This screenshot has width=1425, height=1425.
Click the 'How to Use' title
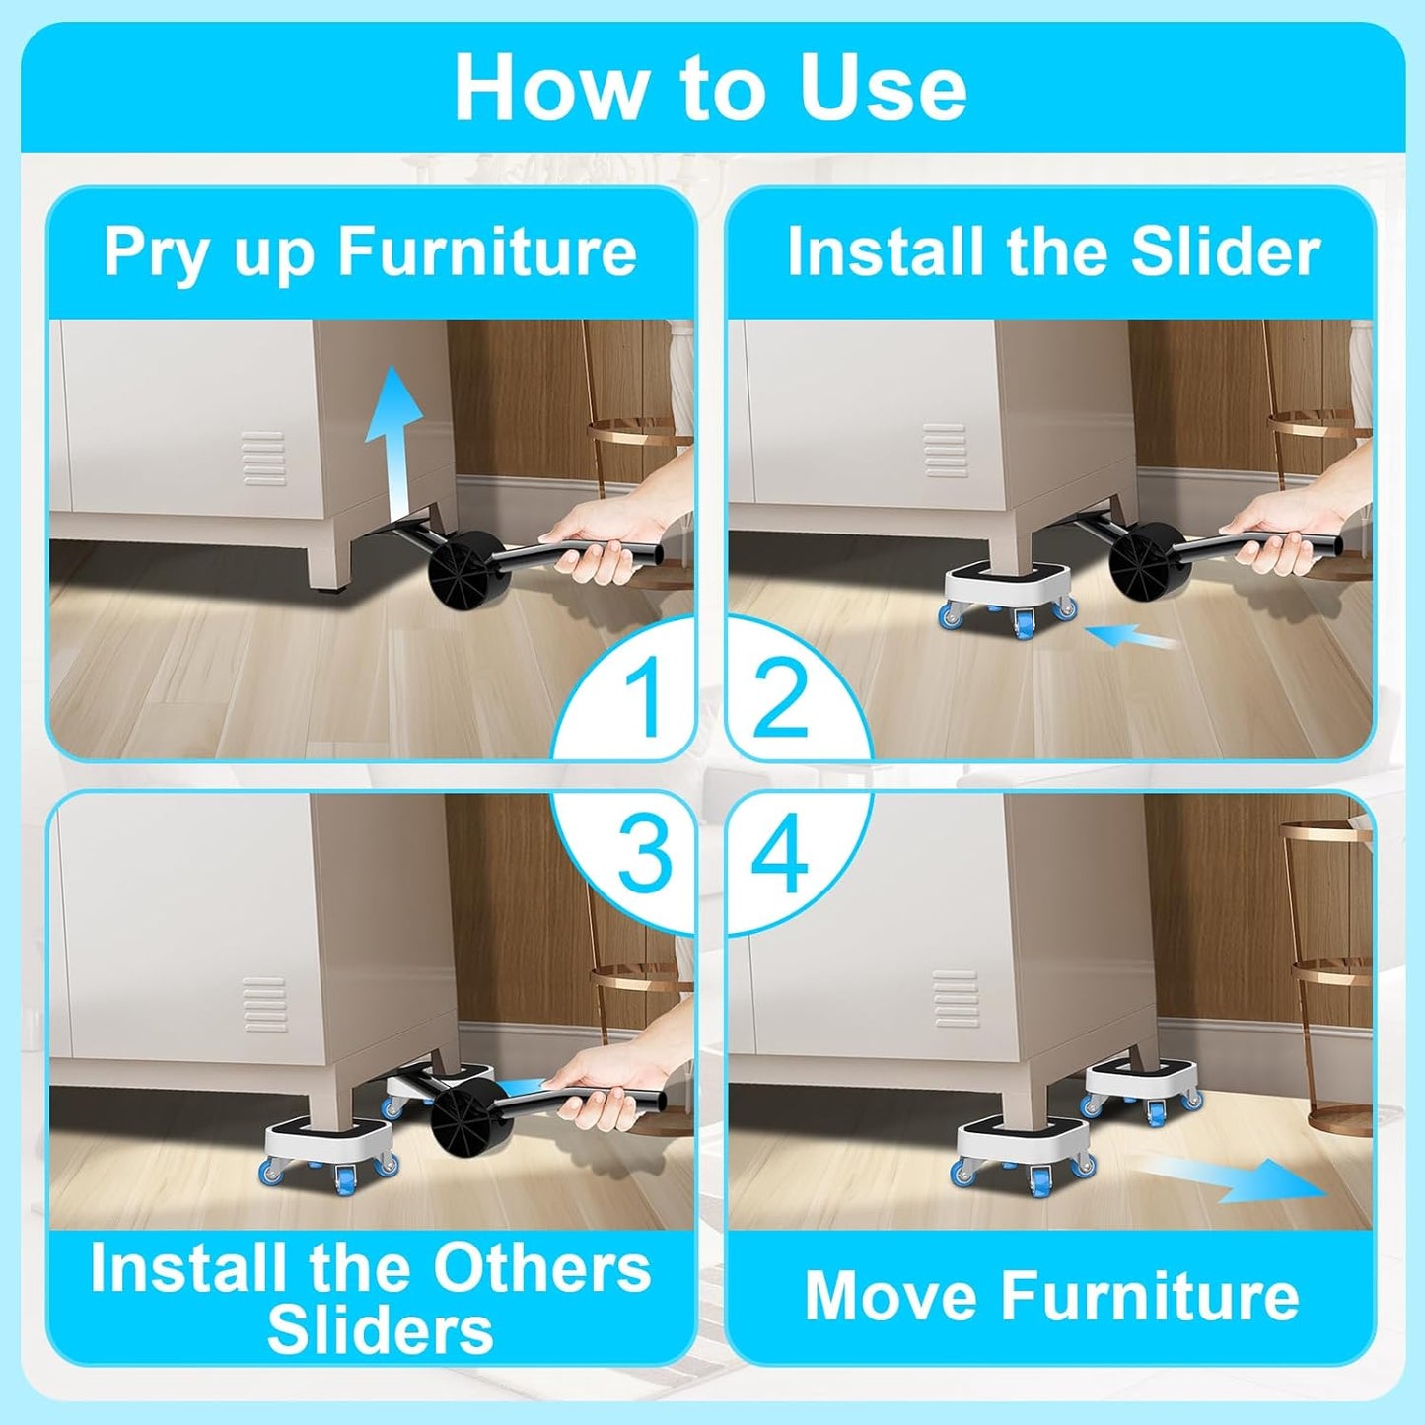pos(710,89)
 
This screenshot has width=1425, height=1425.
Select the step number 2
pos(780,697)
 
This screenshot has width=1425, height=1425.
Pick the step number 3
pos(644,855)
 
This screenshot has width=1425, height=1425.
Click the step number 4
pos(779,855)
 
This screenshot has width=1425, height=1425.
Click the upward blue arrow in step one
pos(393,434)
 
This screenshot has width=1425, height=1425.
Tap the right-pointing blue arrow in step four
pos(1233,1178)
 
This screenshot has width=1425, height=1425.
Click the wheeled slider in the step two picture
pos(1006,597)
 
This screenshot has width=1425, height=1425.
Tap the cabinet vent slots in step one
pos(264,459)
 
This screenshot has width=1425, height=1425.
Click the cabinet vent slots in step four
pos(955,999)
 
